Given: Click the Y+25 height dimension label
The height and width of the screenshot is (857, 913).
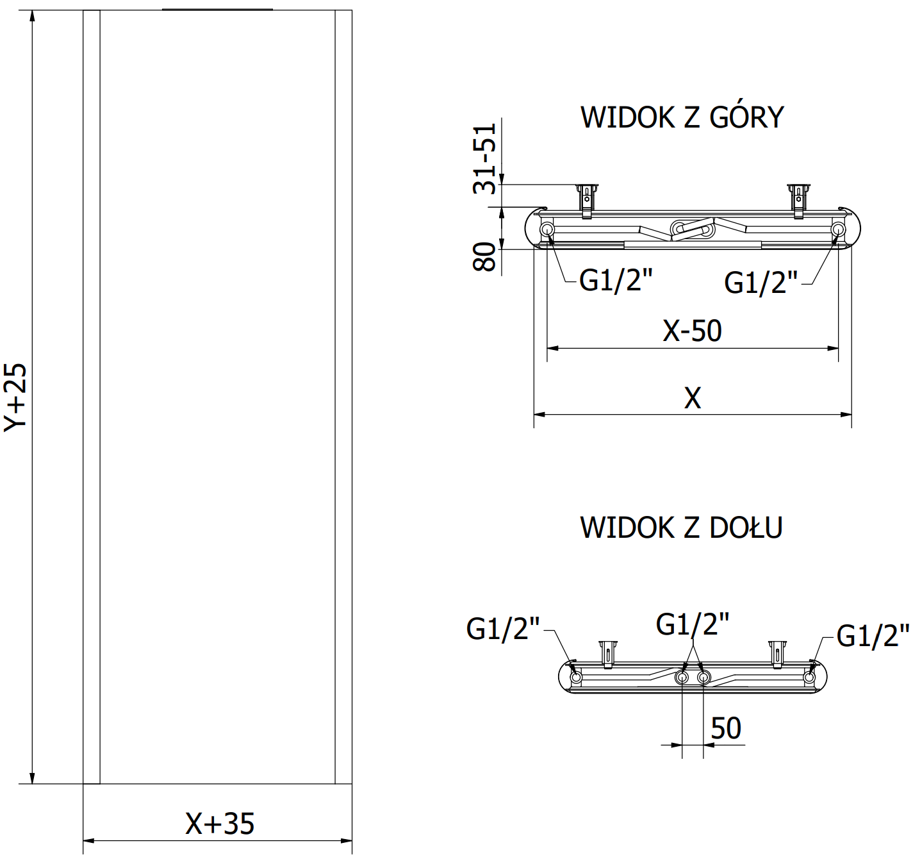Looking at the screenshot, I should pos(15,397).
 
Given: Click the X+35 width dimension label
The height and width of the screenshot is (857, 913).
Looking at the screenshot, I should pos(220,824).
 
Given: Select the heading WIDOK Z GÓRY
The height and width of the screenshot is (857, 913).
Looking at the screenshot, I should pos(682,117).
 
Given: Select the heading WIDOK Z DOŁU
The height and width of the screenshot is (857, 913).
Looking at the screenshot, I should pos(681,528).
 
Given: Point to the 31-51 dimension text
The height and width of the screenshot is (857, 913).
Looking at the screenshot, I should pos(485,158).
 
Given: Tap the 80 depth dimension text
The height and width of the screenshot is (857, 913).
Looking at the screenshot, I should pos(485,257).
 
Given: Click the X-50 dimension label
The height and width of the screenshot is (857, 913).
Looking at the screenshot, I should pos(692,331).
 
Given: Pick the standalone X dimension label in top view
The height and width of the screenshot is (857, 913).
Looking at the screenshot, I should pos(693,398).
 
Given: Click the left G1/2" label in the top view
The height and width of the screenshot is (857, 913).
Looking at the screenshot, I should pos(616,280).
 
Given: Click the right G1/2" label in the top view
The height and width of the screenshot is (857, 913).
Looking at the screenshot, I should pos(761,283).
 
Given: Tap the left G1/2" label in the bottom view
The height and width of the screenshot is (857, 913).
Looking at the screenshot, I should pos(503,629).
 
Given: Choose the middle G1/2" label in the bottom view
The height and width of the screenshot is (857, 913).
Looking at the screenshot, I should pos(693,624).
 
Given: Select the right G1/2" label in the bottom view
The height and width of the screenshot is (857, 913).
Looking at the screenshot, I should pos(873,636).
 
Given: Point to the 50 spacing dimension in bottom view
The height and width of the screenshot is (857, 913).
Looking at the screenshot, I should pos(726,729).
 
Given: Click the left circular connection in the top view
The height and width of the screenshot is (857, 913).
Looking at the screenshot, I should pos(547,229).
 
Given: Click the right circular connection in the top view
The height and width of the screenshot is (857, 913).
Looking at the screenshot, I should pos(838,229).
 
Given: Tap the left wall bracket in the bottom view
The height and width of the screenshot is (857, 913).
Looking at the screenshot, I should pos(607,653).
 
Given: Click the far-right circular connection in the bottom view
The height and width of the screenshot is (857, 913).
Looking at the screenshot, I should pos(809,677).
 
